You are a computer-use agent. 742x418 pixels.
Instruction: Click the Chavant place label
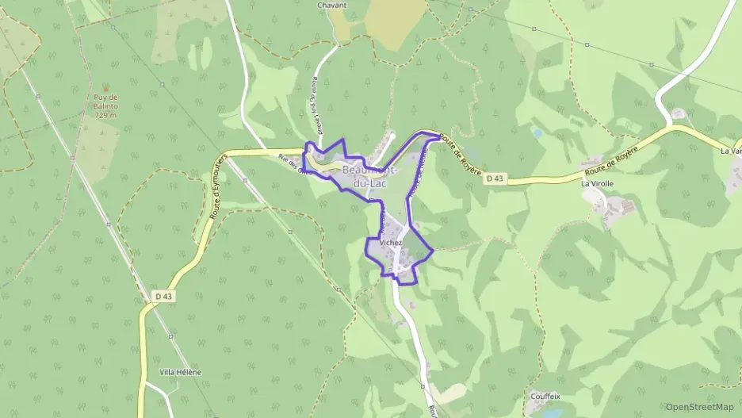[x=331, y=6]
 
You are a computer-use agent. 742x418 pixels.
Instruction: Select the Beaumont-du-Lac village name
[x=371, y=176]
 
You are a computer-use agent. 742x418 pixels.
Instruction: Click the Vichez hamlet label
[x=391, y=243]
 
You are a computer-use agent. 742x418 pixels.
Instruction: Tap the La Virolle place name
[x=597, y=183]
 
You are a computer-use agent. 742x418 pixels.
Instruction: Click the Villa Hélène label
[x=180, y=372]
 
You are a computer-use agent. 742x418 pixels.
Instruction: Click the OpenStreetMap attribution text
[x=699, y=407]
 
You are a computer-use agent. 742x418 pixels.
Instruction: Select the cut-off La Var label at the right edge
[x=730, y=151]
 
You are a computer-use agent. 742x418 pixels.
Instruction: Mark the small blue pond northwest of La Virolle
[x=537, y=134]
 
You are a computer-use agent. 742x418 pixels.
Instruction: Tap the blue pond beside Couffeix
[x=554, y=412]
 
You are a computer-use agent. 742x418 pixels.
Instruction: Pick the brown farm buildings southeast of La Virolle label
[x=626, y=208]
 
